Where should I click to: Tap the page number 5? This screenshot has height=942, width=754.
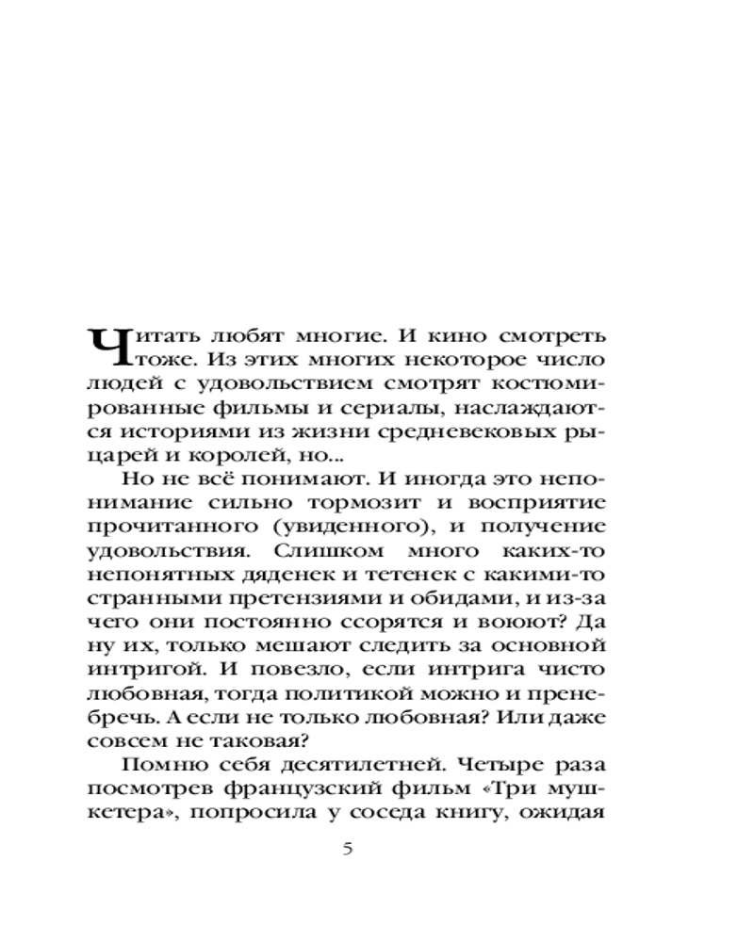tap(347, 849)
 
